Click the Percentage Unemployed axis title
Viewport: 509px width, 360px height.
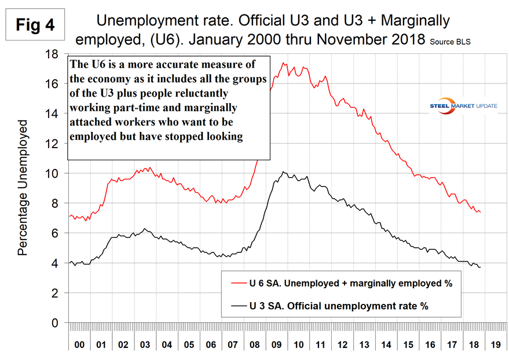point(23,188)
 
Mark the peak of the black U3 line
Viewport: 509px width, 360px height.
point(283,172)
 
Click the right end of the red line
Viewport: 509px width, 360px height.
point(480,212)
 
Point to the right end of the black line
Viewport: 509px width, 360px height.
point(480,267)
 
